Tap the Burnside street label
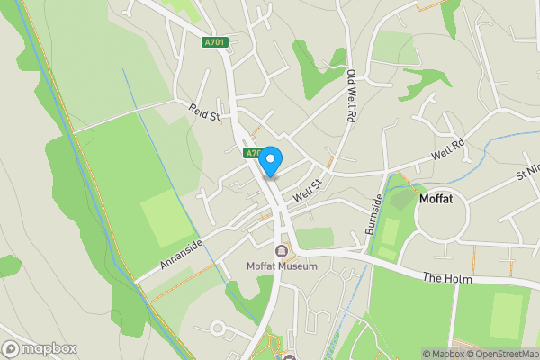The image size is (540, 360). [374, 212]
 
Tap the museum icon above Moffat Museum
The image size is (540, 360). [283, 250]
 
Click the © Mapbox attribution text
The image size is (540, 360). [443, 354]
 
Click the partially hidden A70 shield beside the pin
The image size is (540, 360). [253, 154]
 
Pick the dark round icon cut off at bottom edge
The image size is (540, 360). [291, 357]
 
